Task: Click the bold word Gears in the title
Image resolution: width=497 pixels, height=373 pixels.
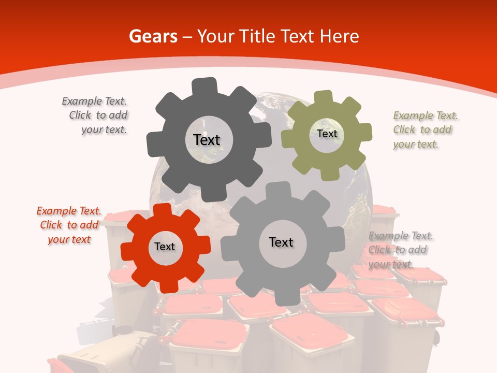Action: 153,36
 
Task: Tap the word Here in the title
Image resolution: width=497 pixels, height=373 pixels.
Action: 339,36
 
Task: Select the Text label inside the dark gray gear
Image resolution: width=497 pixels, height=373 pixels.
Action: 207,140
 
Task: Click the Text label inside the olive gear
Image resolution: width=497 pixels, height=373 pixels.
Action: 327,134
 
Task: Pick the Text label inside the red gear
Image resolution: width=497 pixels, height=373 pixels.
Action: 165,247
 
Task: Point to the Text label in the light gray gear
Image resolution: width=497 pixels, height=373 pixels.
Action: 281,242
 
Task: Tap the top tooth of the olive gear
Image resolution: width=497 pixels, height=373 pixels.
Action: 324,97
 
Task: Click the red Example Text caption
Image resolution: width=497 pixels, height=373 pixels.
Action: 69,225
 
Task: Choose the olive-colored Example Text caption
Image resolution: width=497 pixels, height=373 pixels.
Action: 426,130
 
